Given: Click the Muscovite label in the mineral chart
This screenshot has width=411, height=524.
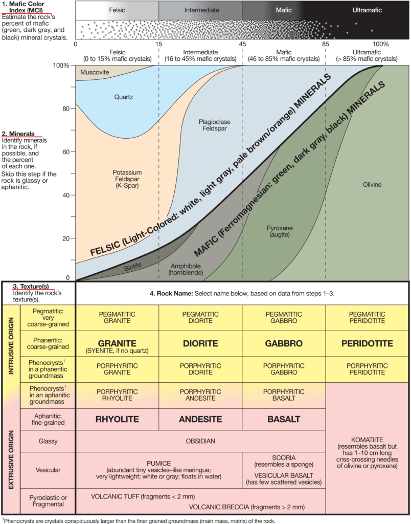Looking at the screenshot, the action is tap(95, 72).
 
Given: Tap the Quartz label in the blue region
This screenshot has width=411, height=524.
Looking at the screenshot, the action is tap(124, 97).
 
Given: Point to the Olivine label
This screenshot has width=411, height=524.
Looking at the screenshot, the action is tap(372, 184).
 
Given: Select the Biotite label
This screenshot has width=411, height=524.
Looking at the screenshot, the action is tap(133, 266).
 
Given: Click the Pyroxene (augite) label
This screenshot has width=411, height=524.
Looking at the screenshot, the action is tap(280, 231).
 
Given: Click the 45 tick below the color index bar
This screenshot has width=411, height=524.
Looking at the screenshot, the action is tap(242, 44).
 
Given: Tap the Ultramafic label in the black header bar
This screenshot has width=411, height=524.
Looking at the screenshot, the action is tap(367, 10).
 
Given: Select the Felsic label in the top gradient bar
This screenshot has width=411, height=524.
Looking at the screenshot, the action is tap(117, 10).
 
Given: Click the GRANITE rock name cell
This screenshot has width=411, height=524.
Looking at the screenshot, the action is tap(117, 343).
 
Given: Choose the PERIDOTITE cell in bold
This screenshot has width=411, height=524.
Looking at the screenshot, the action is tap(367, 343).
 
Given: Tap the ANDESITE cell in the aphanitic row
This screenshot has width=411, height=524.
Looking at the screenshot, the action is tap(200, 420).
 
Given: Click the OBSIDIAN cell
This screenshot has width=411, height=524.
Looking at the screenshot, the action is tap(200, 441).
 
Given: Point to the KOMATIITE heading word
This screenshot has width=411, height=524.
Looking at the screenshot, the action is tap(367, 440).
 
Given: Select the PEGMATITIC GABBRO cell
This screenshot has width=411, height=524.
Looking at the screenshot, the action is tap(284, 317).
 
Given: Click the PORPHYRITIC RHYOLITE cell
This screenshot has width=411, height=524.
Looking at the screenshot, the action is tap(117, 395).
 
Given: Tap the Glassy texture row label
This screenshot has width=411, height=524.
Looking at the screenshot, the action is tap(48, 441).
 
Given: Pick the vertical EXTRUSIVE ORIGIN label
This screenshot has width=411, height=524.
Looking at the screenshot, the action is tap(11, 460).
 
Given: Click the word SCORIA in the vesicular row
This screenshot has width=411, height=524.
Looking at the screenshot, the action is tap(284, 457).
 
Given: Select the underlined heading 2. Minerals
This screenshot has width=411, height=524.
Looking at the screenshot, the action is tap(18, 134).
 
